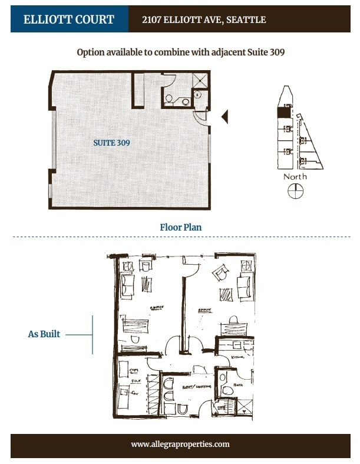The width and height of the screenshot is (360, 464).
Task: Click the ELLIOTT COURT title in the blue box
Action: (x=69, y=19)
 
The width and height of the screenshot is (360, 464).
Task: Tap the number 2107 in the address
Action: (x=153, y=20)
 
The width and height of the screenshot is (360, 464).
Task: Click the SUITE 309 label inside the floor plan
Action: (x=111, y=143)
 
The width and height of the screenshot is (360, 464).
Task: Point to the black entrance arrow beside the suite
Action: (x=224, y=117)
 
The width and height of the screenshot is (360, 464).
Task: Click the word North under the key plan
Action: (x=295, y=176)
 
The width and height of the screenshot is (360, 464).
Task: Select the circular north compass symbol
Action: (x=295, y=191)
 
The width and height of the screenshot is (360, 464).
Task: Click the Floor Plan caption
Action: (x=181, y=226)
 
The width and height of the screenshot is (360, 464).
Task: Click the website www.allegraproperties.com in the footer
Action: (x=180, y=444)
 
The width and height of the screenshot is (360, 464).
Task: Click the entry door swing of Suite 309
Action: (x=202, y=117)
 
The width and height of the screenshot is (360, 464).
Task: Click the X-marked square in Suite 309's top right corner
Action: (x=200, y=81)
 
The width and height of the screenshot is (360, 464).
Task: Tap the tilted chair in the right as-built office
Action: (x=220, y=273)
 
